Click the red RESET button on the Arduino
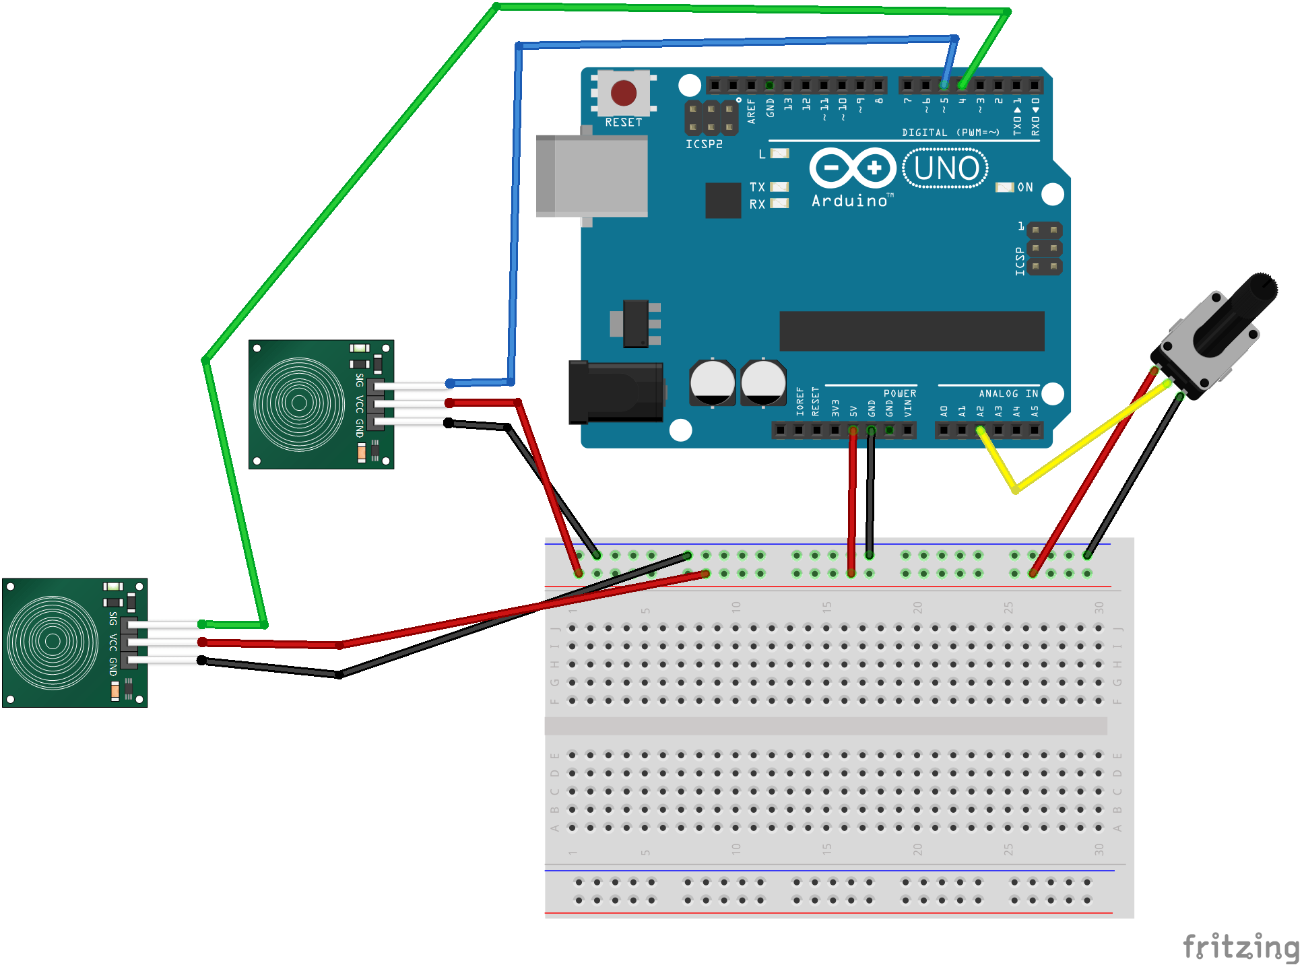(623, 93)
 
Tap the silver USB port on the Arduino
(591, 176)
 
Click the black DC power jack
(614, 393)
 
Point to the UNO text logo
(946, 168)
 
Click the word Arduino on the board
(850, 201)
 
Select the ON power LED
(1004, 187)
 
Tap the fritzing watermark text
(1241, 947)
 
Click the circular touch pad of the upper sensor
(299, 403)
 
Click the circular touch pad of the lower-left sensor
(53, 641)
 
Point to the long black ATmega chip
(911, 331)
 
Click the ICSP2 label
(704, 144)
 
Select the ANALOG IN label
(1008, 393)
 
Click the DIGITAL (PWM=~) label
(950, 133)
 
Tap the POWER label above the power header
(899, 393)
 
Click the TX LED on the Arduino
(779, 187)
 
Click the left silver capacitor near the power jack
(712, 382)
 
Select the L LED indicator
(779, 154)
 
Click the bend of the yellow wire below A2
(1015, 490)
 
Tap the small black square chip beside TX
(723, 200)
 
